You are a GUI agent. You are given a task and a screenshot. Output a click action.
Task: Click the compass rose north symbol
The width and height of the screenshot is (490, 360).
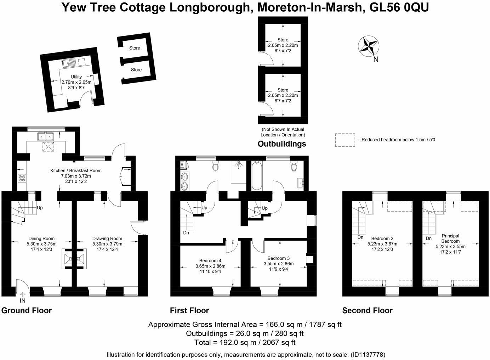coord(369,46)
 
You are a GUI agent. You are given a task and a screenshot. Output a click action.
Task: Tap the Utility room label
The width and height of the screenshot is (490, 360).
coord(76,77)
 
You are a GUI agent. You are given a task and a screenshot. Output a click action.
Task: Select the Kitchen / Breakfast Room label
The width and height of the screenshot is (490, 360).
coord(76,171)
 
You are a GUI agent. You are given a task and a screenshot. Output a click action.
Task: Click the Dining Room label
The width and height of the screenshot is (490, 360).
coord(41,238)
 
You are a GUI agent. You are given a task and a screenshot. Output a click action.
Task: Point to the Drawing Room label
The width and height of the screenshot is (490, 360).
coord(107,238)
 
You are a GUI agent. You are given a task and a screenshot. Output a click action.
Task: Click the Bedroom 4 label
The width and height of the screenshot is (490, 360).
coord(210,260)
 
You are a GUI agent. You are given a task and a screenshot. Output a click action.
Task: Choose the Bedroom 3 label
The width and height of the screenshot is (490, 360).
coord(279,258)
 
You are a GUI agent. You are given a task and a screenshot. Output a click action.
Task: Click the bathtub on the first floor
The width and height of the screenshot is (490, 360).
coord(257,176)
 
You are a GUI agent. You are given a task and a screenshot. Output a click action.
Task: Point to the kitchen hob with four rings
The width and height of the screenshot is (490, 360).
coord(22,178)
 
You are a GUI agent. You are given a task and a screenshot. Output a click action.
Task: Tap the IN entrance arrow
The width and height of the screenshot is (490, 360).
coord(23,294)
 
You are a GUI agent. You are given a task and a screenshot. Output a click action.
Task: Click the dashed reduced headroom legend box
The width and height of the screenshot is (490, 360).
coord(345,140)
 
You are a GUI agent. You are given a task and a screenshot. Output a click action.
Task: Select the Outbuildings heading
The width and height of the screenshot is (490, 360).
coord(281,144)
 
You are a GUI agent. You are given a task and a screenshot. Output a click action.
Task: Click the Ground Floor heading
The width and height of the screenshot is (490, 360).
coord(27,311)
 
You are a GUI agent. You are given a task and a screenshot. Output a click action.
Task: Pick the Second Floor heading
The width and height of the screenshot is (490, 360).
coord(367,311)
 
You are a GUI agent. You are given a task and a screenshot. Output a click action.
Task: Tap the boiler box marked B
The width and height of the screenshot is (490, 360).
coord(182,165)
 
